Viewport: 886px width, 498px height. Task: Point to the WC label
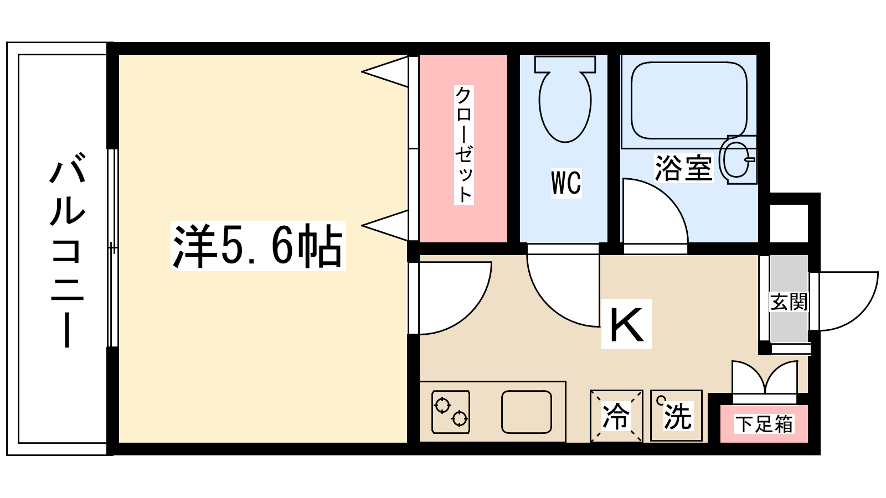566,183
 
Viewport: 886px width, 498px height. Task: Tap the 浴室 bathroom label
683,168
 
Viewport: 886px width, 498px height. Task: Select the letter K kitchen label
626,324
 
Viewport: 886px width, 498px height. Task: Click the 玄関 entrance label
789,302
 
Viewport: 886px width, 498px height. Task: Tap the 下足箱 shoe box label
764,424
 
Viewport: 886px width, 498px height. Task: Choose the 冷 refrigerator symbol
616,416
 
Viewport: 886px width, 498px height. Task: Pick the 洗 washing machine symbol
677,416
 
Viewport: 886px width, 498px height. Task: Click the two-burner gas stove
450,412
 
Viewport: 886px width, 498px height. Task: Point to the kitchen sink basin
527,412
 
